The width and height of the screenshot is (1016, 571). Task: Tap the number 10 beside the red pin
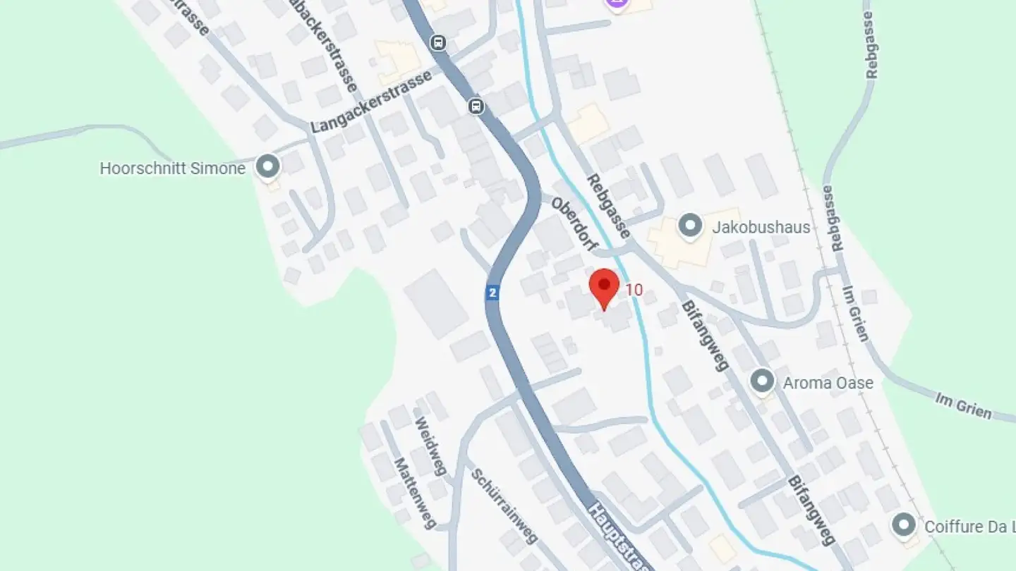click(634, 290)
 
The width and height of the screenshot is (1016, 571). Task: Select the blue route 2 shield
click(492, 293)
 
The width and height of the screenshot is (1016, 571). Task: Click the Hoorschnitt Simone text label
click(172, 168)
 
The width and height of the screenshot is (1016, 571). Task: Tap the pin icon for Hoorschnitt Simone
click(267, 167)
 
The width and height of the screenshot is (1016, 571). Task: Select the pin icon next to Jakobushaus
click(689, 226)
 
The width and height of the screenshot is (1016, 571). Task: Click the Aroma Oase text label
click(828, 383)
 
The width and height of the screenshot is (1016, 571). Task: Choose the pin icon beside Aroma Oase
click(762, 381)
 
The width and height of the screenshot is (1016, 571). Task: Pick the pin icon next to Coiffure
click(904, 525)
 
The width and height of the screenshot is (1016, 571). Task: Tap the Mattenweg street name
click(416, 493)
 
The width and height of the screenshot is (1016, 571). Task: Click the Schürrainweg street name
click(504, 505)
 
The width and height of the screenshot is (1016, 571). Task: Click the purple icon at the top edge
click(617, 4)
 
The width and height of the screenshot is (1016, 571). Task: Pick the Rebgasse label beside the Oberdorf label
click(608, 206)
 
